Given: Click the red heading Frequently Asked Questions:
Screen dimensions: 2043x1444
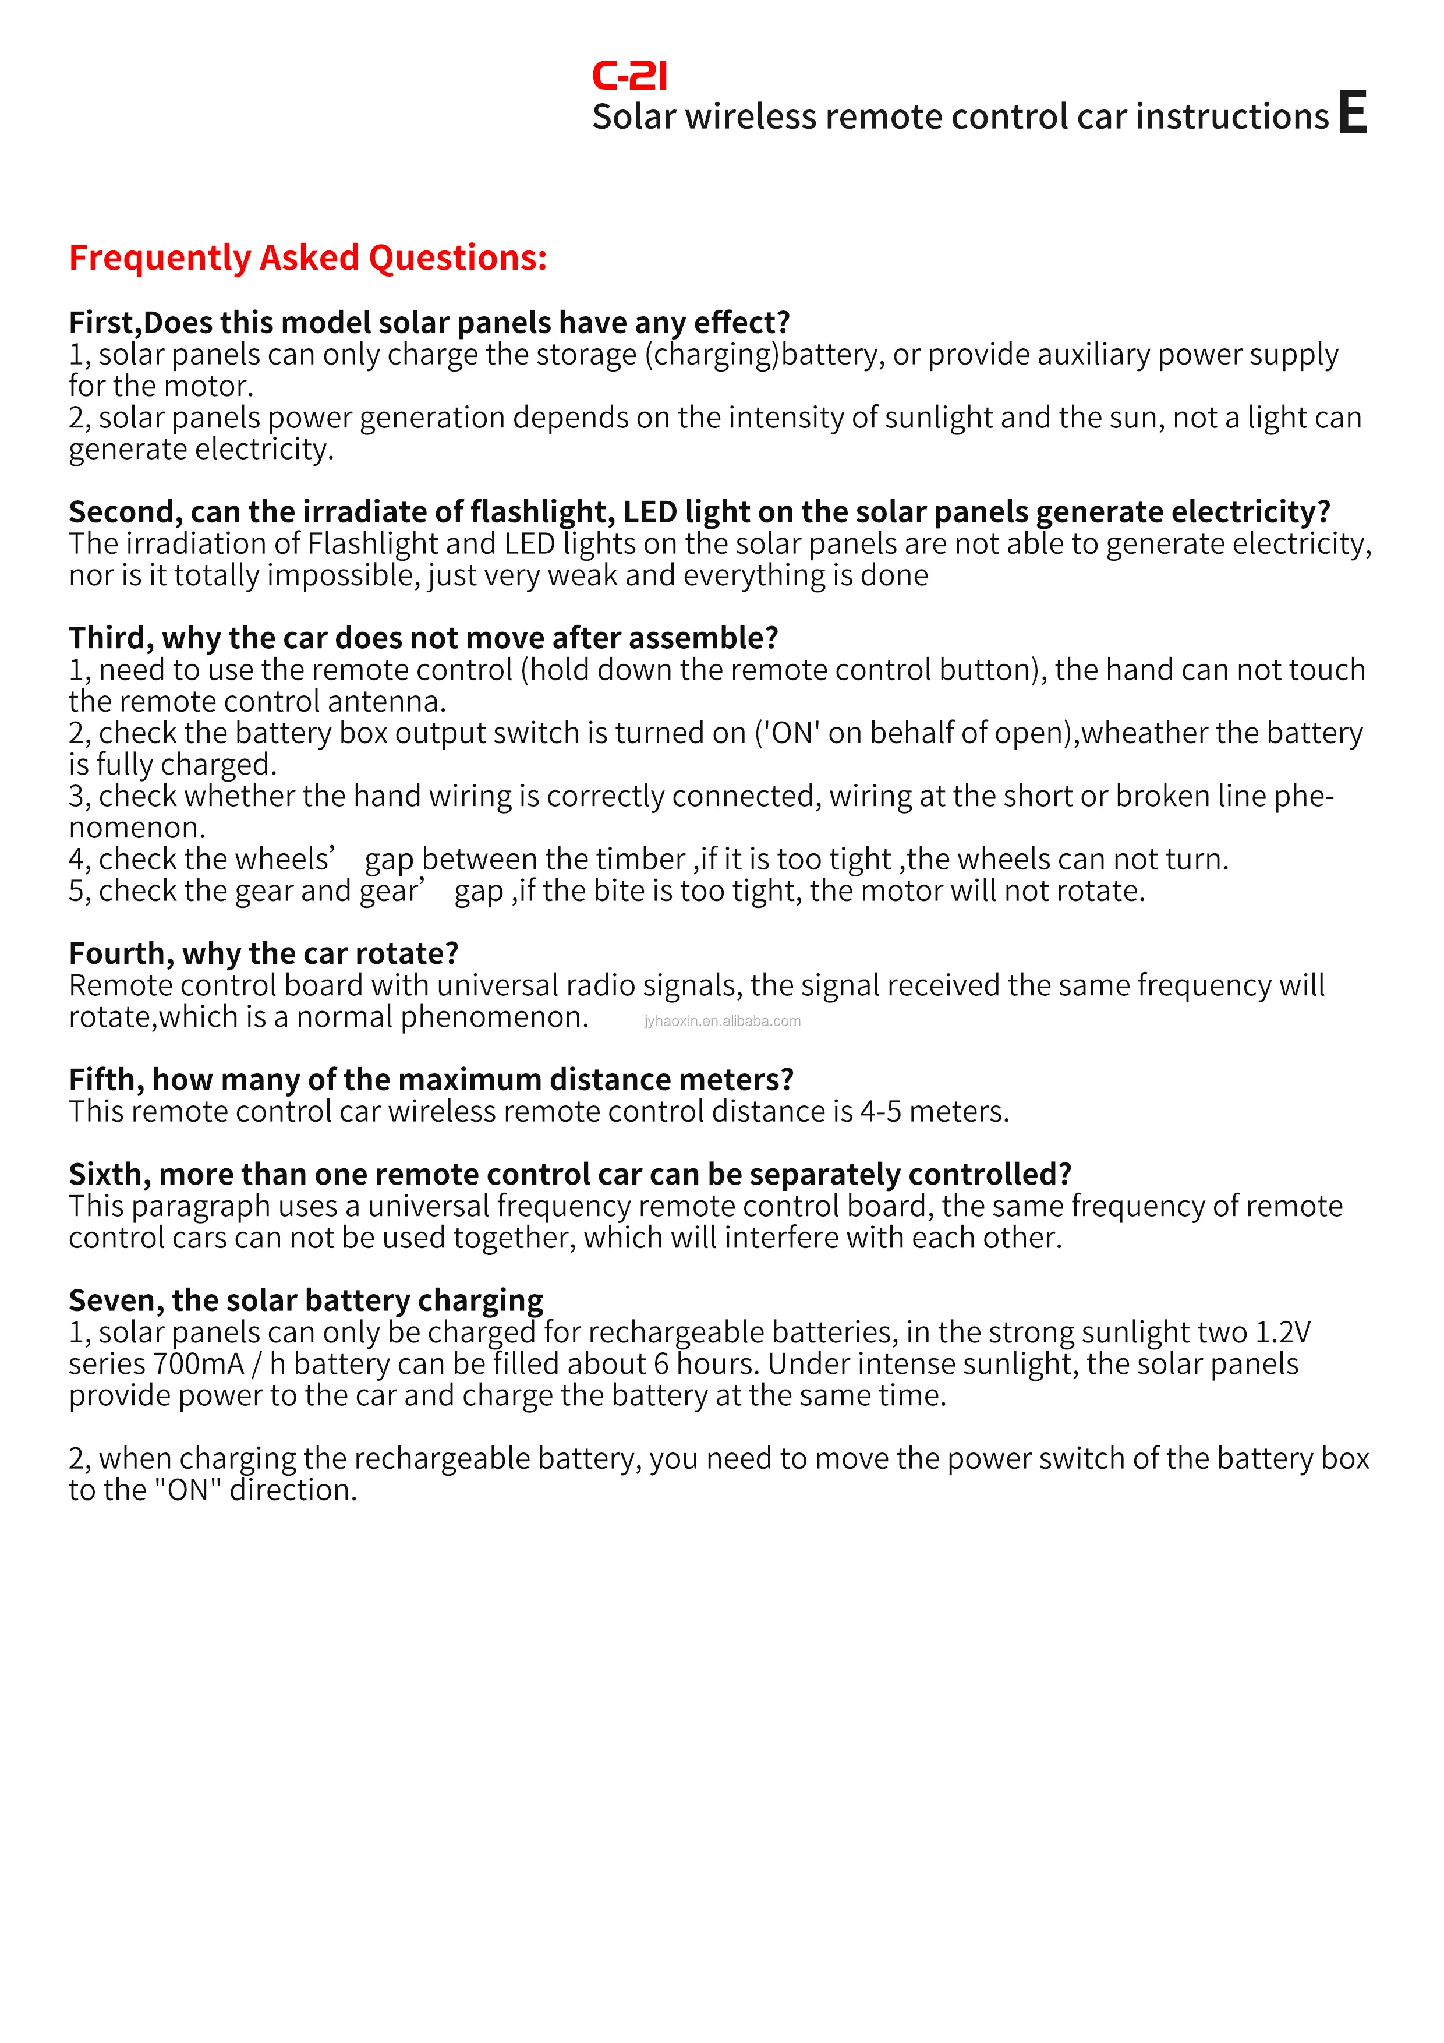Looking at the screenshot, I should (x=308, y=258).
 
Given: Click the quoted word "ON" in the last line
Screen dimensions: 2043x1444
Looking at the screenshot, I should (x=187, y=1490).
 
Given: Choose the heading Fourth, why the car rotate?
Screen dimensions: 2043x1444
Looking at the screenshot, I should (x=263, y=954).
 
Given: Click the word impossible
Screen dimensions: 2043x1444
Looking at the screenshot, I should (x=342, y=576).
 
